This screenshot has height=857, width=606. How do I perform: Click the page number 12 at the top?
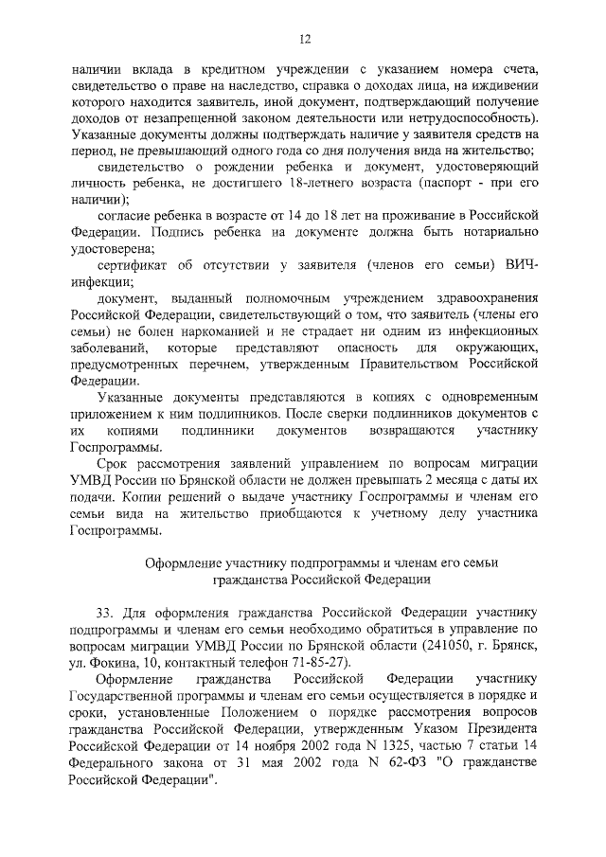[304, 39]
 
